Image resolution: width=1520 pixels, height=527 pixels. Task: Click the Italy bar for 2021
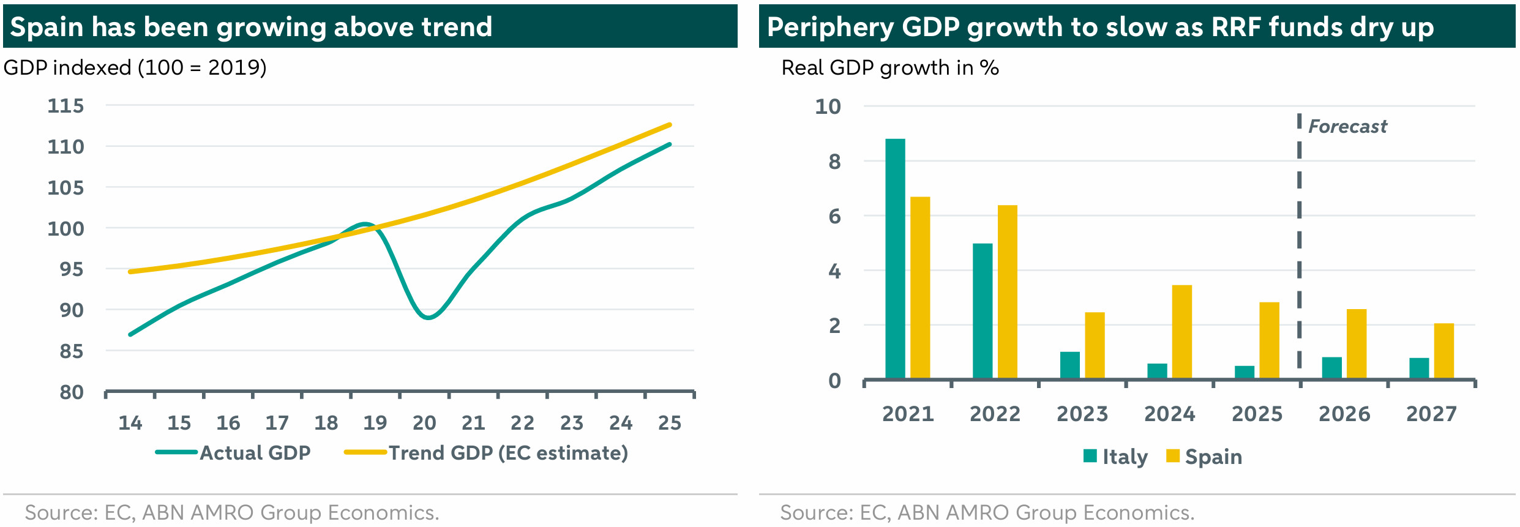tap(895, 258)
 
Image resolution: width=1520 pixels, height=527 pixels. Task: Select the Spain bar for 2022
tap(1007, 291)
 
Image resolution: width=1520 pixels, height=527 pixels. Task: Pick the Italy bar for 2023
tap(1069, 365)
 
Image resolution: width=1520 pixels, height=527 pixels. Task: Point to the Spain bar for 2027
tap(1443, 351)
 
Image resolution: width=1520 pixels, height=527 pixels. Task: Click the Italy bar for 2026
tap(1331, 367)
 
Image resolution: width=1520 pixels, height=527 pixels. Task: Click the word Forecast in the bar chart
tap(1347, 127)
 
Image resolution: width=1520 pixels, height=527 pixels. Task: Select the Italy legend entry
tap(1114, 457)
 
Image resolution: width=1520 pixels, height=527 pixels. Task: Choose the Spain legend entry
tap(1204, 457)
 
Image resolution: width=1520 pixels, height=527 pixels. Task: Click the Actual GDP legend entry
tap(233, 453)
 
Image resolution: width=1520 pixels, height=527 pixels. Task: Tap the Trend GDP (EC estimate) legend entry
tap(486, 453)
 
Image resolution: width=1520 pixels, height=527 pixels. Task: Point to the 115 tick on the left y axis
tap(66, 106)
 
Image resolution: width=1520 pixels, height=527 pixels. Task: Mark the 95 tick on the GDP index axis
tap(71, 269)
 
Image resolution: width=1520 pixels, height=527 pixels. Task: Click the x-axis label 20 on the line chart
tap(424, 423)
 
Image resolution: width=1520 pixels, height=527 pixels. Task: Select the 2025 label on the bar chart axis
tap(1257, 414)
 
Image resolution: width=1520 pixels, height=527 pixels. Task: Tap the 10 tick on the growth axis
tap(828, 107)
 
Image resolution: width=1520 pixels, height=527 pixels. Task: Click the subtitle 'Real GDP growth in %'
tap(890, 68)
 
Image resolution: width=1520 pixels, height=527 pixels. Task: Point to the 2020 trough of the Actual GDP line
tap(428, 318)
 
